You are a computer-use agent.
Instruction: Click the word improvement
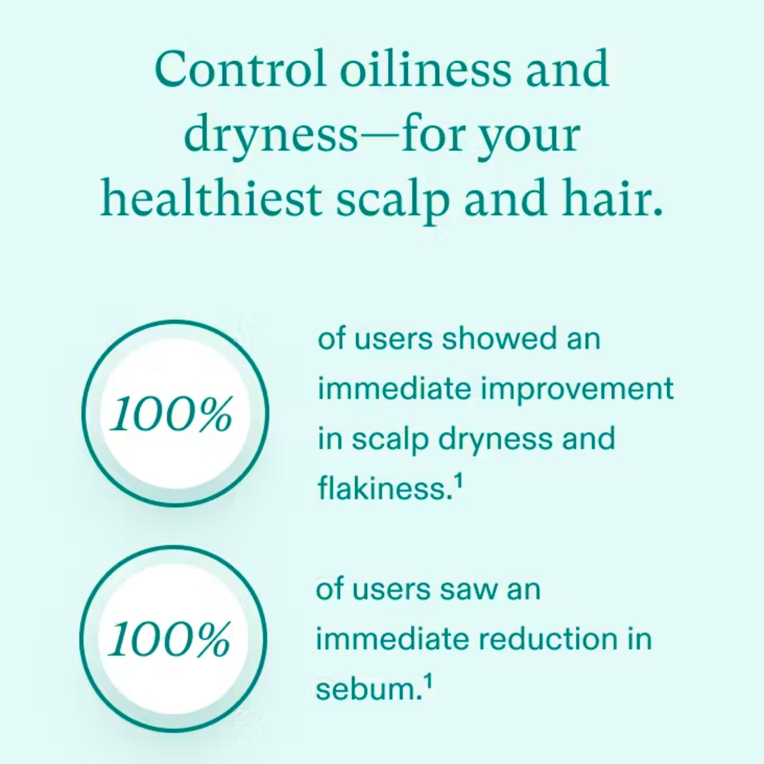pos(577,389)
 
